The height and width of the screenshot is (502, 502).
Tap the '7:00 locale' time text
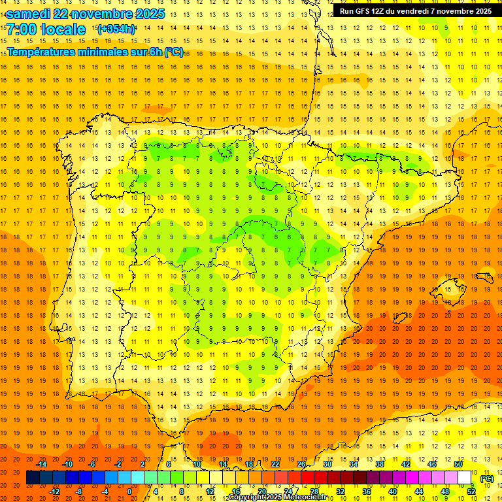(46, 29)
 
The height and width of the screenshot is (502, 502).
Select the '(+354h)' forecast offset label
(116, 29)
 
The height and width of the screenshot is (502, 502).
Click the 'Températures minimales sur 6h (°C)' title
(95, 52)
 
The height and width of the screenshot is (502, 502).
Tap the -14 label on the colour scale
(41, 464)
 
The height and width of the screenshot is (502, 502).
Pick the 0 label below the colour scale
(129, 492)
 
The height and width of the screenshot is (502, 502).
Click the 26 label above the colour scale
(301, 464)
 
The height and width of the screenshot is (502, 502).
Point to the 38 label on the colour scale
(379, 464)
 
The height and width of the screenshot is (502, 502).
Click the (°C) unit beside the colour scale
(487, 478)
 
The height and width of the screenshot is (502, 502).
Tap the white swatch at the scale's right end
(464, 478)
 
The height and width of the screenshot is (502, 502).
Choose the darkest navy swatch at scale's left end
(33, 478)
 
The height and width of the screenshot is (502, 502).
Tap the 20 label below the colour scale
(261, 492)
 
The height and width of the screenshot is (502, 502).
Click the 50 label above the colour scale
(458, 464)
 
